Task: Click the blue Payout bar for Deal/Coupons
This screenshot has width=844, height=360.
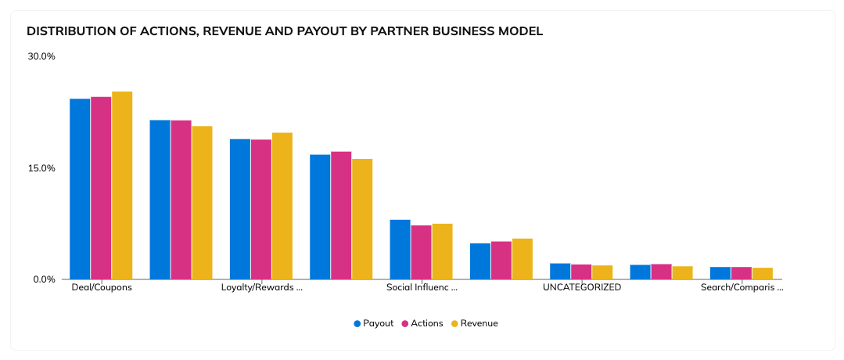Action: click(x=80, y=189)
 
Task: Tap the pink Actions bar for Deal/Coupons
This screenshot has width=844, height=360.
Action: click(x=101, y=188)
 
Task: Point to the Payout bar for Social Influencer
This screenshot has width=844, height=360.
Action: click(x=400, y=250)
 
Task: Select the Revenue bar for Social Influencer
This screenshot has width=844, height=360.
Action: click(x=442, y=251)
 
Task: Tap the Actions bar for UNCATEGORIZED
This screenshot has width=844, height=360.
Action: click(x=581, y=272)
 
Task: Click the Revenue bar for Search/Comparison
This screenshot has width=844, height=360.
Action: click(x=762, y=273)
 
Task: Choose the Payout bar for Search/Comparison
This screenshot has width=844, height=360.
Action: click(x=720, y=273)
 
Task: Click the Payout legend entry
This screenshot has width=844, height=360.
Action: click(x=373, y=323)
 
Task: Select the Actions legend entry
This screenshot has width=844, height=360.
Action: click(x=422, y=323)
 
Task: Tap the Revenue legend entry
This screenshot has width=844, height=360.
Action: click(x=474, y=323)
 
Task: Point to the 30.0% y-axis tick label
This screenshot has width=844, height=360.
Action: click(x=41, y=56)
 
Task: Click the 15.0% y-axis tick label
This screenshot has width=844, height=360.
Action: click(x=41, y=168)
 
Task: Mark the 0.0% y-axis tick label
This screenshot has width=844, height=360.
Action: click(x=44, y=279)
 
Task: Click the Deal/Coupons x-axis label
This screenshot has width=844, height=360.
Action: click(x=102, y=287)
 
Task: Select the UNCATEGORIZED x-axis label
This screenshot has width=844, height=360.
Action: click(x=581, y=287)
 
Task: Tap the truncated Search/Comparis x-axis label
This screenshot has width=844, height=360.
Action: click(x=742, y=287)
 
